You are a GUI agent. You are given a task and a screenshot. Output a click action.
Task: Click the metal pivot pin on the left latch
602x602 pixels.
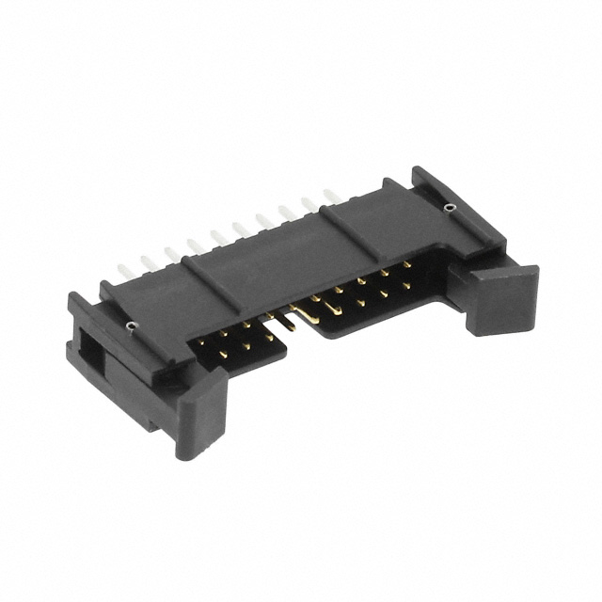[x=129, y=326]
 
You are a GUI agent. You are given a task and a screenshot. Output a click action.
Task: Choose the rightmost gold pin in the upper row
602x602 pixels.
[x=406, y=264]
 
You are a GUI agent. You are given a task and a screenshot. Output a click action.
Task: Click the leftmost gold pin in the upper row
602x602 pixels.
[x=201, y=342]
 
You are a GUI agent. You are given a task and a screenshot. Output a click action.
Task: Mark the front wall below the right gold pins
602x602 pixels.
[x=376, y=315]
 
